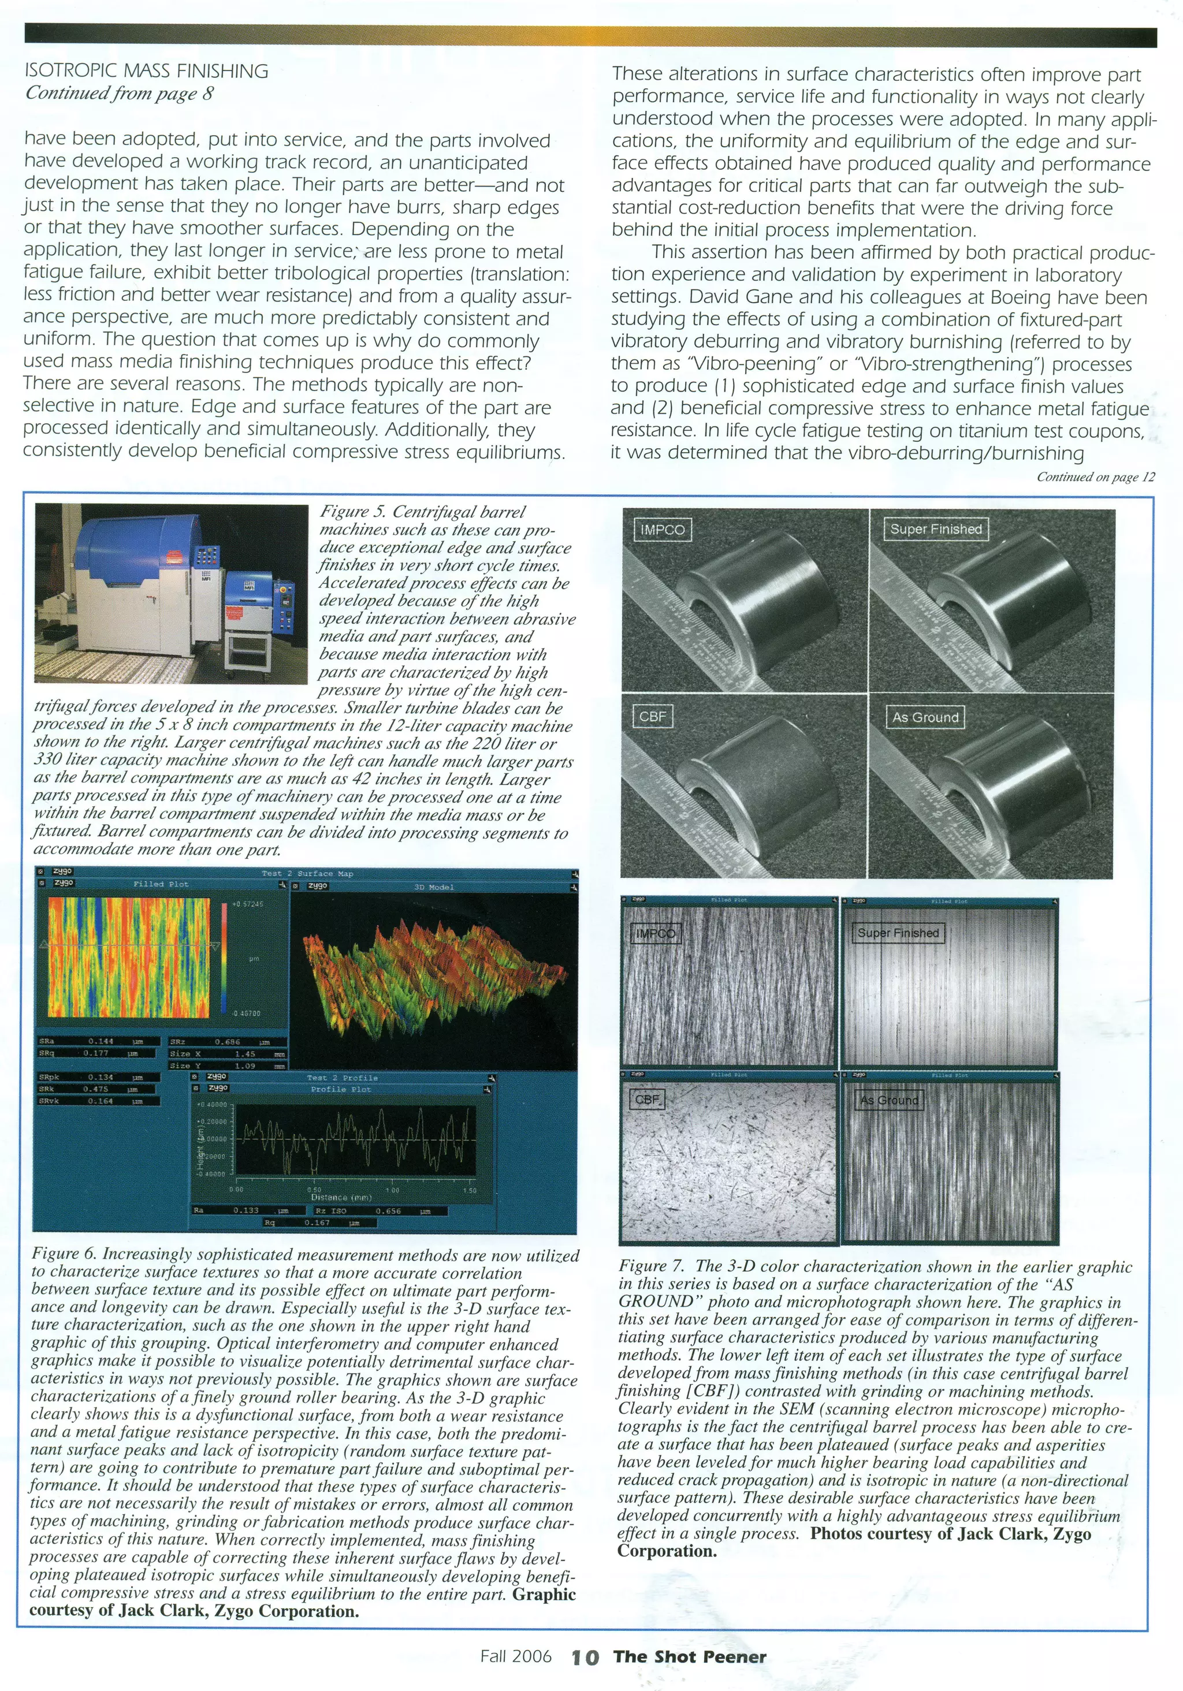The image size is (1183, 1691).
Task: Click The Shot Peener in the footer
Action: click(x=690, y=1657)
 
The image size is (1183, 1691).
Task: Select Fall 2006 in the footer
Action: click(x=516, y=1657)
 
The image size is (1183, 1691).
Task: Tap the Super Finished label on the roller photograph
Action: click(x=936, y=529)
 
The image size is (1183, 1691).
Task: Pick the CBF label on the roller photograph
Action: click(x=652, y=716)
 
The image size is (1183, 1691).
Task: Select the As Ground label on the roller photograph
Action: click(x=925, y=717)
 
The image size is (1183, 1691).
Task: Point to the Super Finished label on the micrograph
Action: click(x=897, y=933)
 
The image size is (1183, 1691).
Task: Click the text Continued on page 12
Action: click(x=1095, y=476)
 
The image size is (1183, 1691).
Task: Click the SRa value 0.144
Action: click(x=101, y=1041)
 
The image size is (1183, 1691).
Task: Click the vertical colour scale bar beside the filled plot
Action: click(x=224, y=958)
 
